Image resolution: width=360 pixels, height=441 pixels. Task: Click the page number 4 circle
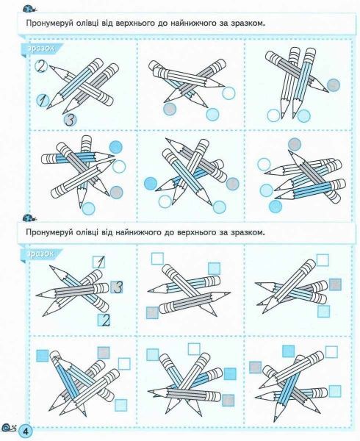tap(26, 431)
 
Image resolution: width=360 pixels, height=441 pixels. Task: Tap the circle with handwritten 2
tap(41, 67)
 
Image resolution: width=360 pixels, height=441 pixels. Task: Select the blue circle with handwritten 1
tap(43, 101)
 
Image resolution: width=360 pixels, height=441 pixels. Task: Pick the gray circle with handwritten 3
tap(71, 120)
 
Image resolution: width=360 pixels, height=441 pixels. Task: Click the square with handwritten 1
tap(99, 262)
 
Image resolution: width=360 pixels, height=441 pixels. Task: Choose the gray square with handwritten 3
tap(117, 287)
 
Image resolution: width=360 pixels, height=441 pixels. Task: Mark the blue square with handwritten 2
tap(104, 320)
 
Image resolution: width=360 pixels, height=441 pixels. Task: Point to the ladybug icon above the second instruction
tap(29, 218)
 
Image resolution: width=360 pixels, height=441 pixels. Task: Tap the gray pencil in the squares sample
tap(72, 290)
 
